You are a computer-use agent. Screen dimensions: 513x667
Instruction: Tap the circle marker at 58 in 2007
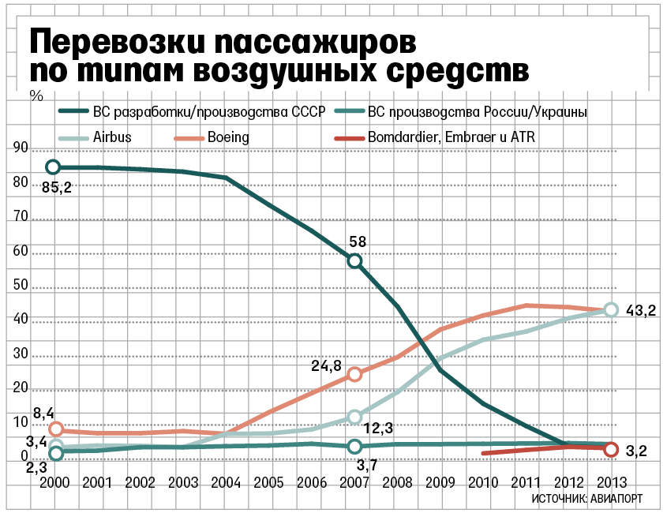355,261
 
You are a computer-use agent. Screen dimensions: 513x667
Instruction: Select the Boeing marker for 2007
355,374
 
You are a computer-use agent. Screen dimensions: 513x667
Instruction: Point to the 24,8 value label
326,366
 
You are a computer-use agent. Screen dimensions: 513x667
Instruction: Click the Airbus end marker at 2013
610,310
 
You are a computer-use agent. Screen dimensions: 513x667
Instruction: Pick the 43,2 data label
641,311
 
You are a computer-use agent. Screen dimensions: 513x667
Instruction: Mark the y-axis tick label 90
20,148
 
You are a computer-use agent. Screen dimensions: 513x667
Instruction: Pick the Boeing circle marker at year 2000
55,429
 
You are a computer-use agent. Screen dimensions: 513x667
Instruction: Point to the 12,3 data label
378,429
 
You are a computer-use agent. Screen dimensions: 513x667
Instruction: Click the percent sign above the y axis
35,96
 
